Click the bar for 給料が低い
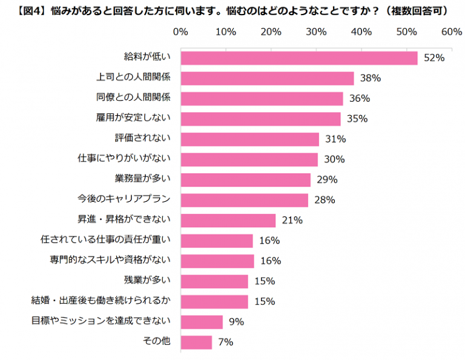[x=299, y=58]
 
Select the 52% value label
[x=435, y=58]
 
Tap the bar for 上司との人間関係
[x=267, y=78]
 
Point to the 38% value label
[x=371, y=78]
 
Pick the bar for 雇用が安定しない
[x=260, y=119]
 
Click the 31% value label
[x=335, y=139]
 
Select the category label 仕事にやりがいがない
[x=125, y=158]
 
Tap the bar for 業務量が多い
[x=245, y=179]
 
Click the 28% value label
[x=325, y=200]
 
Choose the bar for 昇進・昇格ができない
[x=228, y=220]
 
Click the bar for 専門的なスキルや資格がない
[x=217, y=261]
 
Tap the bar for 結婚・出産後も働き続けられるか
[x=214, y=301]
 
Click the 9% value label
[x=237, y=322]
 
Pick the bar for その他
[x=196, y=342]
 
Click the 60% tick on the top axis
[x=452, y=32]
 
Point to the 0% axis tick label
[x=180, y=32]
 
